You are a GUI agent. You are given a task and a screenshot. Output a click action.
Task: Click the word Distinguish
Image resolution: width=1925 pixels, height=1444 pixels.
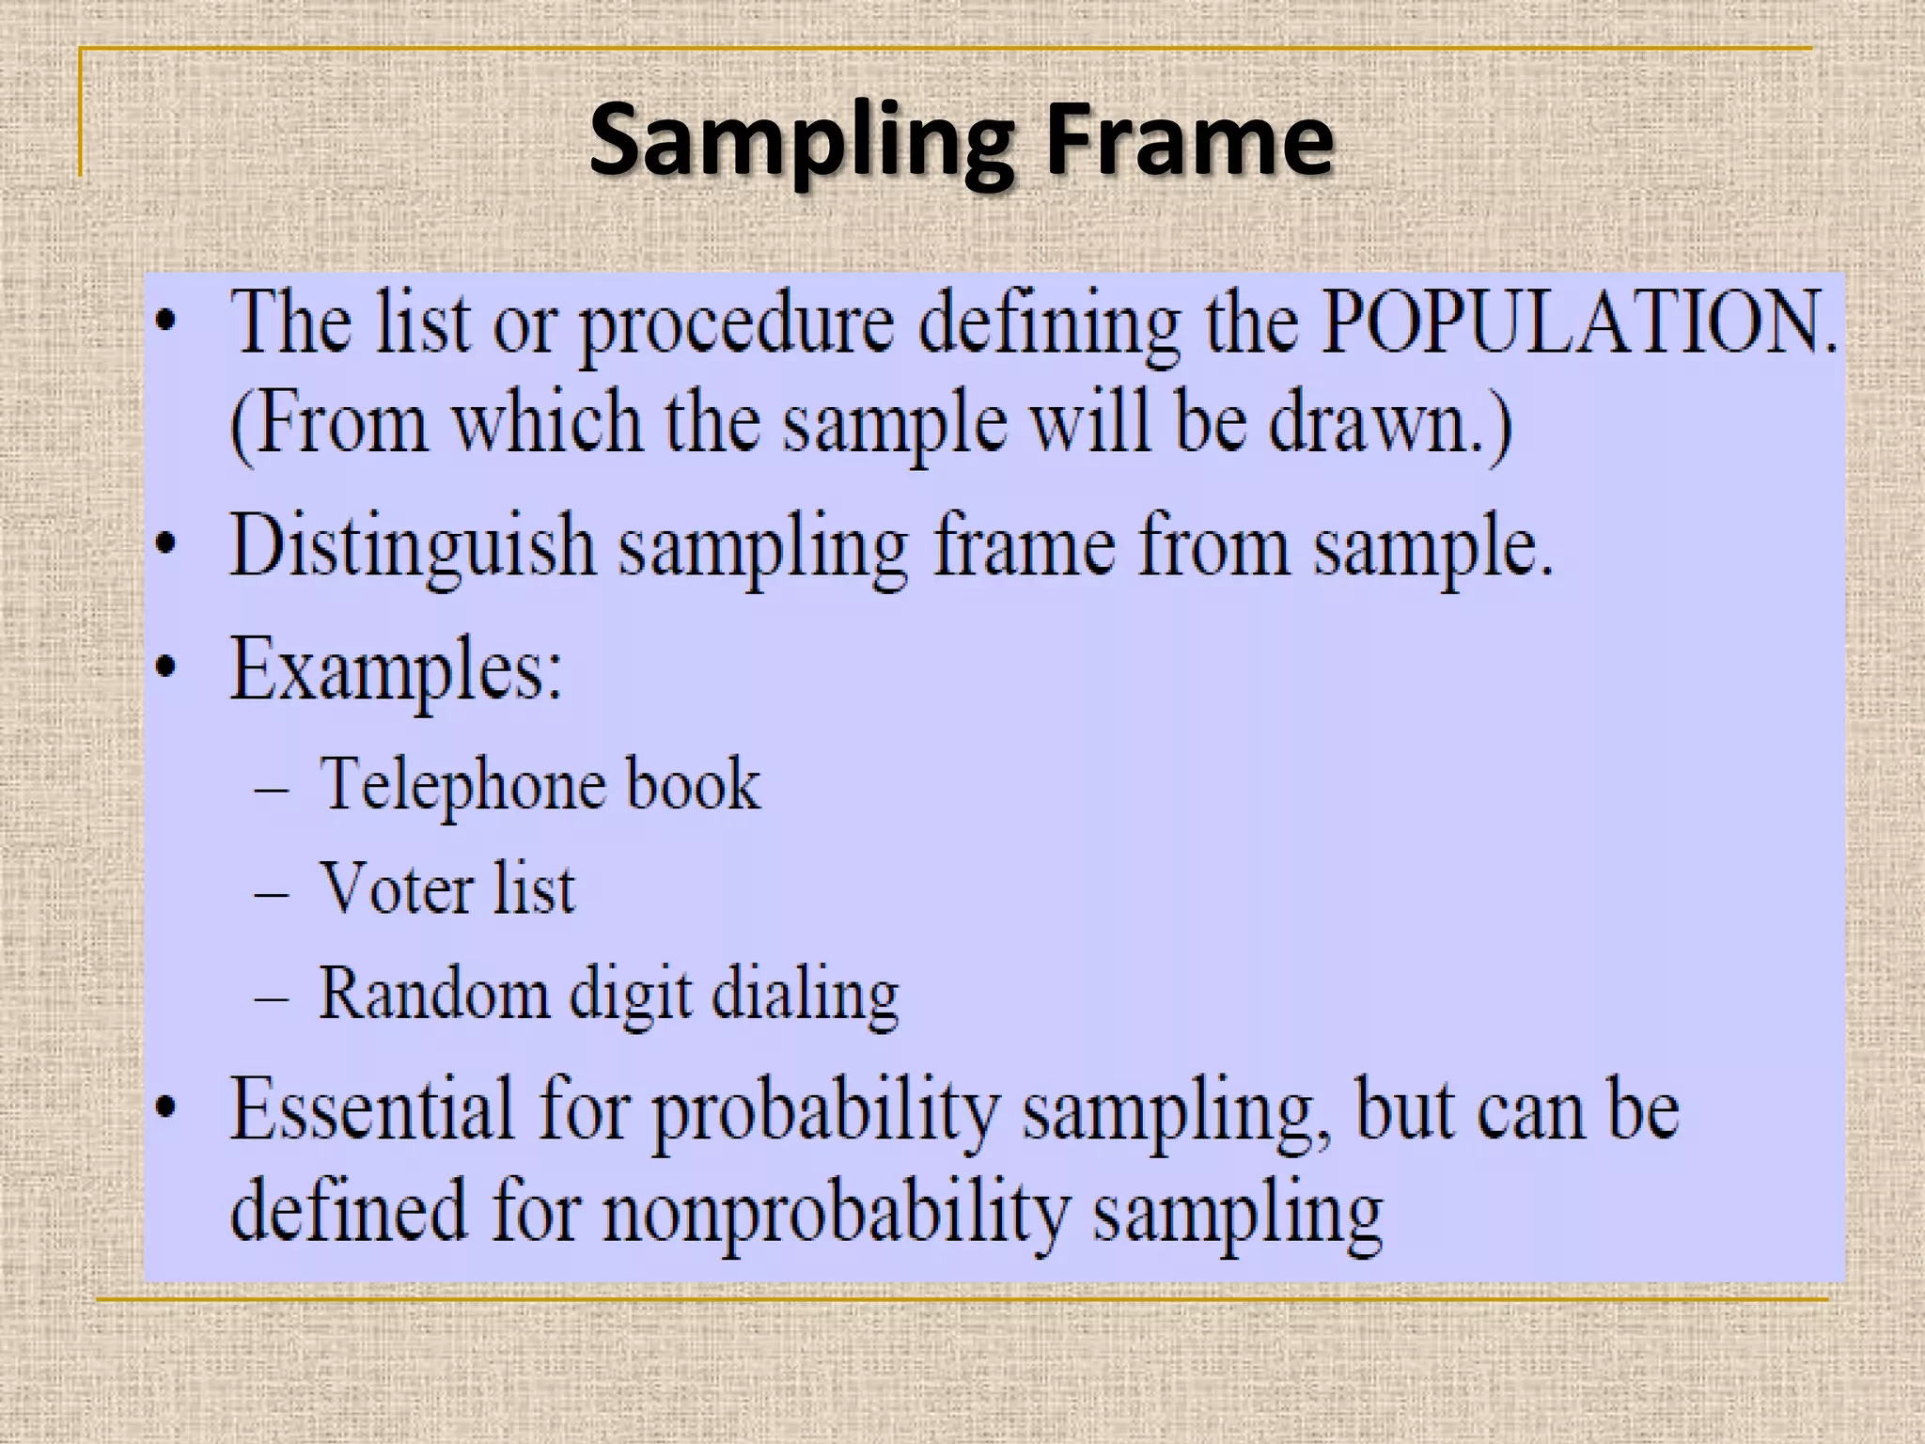[413, 546]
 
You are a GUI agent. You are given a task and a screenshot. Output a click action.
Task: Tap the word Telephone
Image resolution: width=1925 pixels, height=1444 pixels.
[460, 785]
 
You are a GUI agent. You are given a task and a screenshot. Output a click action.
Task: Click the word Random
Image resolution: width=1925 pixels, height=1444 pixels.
[433, 993]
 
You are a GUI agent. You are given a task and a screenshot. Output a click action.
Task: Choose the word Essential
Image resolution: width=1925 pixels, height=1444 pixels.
[372, 1109]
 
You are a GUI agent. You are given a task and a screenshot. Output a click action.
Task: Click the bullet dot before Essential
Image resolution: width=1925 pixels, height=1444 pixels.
[165, 1109]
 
